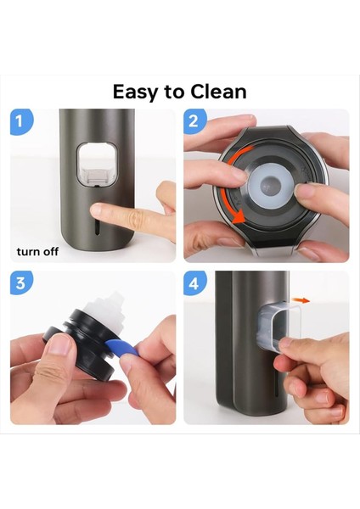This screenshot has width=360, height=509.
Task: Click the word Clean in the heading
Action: point(218,92)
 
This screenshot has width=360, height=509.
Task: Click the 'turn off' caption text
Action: point(37,252)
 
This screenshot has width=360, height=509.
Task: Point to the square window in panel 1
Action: point(97,164)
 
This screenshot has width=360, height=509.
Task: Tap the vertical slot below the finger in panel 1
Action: point(97,228)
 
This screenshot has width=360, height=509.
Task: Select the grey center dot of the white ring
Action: point(270,187)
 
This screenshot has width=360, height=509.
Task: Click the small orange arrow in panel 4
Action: point(301,300)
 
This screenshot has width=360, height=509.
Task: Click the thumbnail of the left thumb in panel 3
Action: point(60,344)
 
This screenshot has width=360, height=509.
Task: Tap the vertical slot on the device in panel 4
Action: point(277,384)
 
